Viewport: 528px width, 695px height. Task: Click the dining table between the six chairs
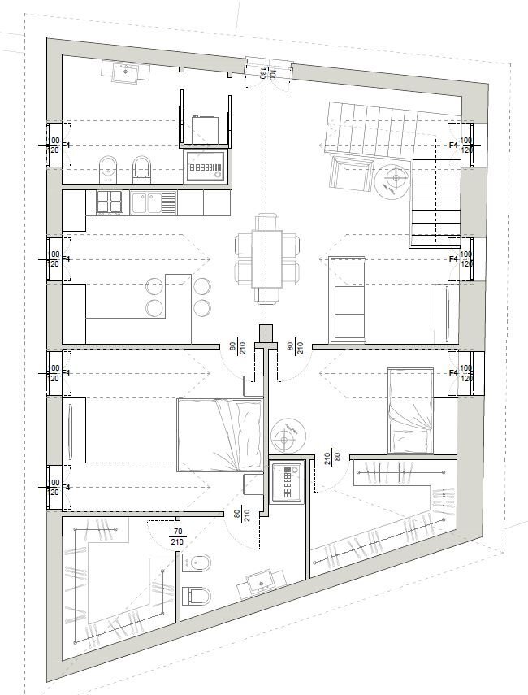click(x=266, y=258)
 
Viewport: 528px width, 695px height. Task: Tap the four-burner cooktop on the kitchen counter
click(x=109, y=201)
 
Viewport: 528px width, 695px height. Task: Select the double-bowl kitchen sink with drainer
click(x=154, y=201)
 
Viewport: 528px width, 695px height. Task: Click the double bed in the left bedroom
click(x=220, y=434)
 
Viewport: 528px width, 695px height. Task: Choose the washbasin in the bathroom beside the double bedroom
click(x=262, y=581)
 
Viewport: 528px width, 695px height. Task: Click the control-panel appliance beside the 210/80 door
click(x=288, y=483)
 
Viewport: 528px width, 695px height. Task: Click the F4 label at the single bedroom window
click(x=454, y=372)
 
